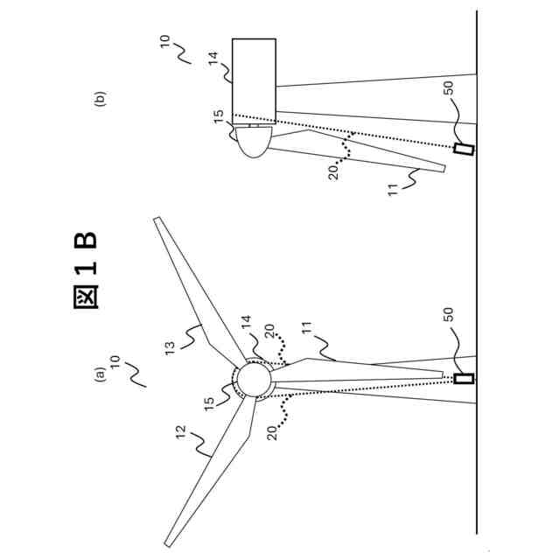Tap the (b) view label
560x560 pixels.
tap(100, 98)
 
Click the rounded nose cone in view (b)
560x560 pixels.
tap(254, 140)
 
